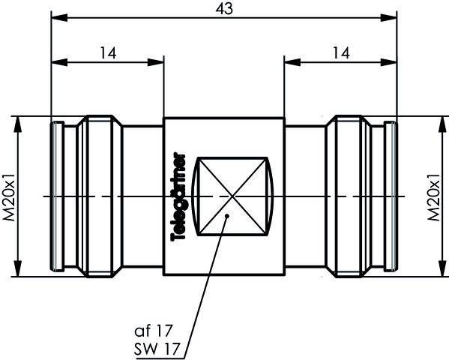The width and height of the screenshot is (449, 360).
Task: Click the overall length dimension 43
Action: point(223,8)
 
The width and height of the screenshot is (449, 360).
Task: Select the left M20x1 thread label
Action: point(9,196)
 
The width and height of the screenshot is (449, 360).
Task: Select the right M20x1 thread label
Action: point(433,196)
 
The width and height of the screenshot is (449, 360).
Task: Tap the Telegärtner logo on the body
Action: point(179,196)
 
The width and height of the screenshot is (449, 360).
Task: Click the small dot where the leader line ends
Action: point(228,217)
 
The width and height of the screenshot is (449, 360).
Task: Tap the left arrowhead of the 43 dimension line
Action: point(57,16)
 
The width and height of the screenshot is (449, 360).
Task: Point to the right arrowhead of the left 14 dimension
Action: point(158,60)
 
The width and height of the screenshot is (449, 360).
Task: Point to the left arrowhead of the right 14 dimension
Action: point(289,60)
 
